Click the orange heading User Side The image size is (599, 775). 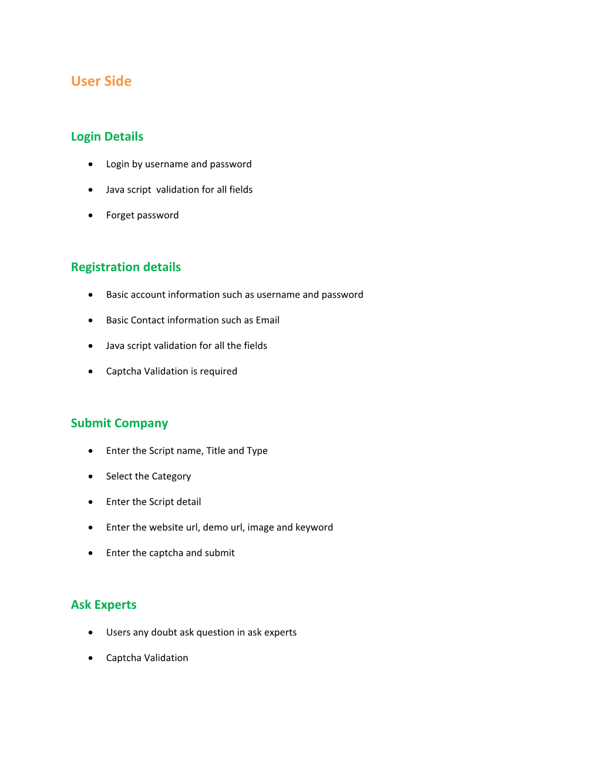pyautogui.click(x=101, y=81)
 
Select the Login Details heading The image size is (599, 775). pyautogui.click(x=107, y=137)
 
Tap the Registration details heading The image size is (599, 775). pyautogui.click(x=126, y=267)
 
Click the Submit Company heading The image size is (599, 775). pyautogui.click(x=119, y=423)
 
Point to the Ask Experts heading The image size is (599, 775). pyautogui.click(x=103, y=605)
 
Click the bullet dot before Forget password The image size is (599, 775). pyautogui.click(x=90, y=215)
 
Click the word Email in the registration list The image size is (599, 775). pyautogui.click(x=267, y=320)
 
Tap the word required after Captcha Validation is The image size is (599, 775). pyautogui.click(x=218, y=372)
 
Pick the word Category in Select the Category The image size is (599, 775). pyautogui.click(x=171, y=477)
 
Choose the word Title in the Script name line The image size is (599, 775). pyautogui.click(x=216, y=451)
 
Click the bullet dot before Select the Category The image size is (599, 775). pyautogui.click(x=90, y=476)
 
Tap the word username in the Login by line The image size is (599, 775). pyautogui.click(x=167, y=164)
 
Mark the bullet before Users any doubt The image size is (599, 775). pyautogui.click(x=90, y=632)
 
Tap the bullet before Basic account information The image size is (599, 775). pyautogui.click(x=90, y=295)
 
